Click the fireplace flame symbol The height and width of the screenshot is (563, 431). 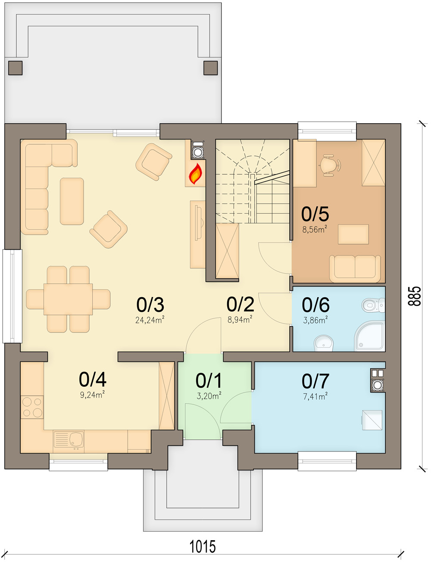[196, 174]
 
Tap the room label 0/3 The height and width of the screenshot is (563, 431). [150, 305]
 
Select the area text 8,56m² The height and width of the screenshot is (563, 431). [314, 229]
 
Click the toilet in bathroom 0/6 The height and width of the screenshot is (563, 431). [370, 305]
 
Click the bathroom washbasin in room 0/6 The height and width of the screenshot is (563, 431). [324, 343]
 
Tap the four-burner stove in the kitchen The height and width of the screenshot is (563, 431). [32, 407]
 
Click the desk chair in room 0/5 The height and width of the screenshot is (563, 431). [330, 164]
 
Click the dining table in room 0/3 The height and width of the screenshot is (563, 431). [68, 299]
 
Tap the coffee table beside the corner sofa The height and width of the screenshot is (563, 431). [72, 201]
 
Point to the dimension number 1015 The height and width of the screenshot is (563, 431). [203, 547]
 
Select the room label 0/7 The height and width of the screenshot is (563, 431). [315, 381]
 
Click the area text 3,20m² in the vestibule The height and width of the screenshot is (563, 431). [209, 396]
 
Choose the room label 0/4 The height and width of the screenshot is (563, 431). [93, 379]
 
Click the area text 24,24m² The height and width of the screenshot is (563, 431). [150, 320]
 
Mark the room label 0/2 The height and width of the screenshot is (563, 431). [240, 305]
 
